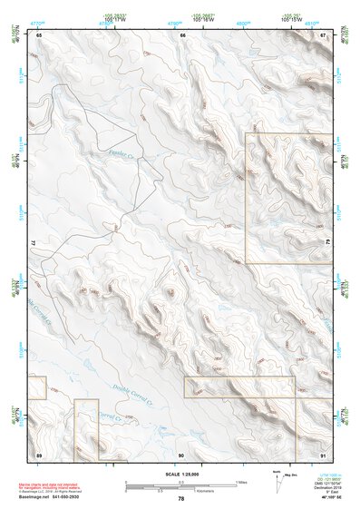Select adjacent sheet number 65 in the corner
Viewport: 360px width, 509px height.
(x=39, y=35)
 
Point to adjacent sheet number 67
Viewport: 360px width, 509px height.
(x=324, y=35)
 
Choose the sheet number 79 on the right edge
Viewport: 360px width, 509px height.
(x=327, y=243)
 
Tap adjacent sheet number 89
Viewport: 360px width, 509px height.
(x=39, y=452)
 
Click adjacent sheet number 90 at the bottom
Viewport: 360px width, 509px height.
(x=181, y=452)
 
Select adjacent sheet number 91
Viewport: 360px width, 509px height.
(x=324, y=452)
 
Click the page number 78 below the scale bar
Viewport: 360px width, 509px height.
(x=181, y=499)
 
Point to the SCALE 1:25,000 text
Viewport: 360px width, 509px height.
(x=180, y=474)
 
